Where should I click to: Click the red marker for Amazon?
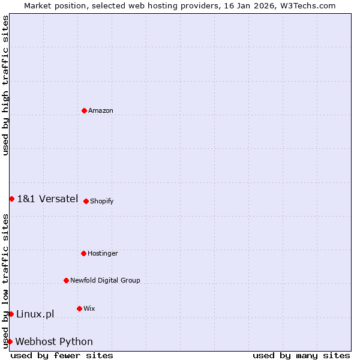pyautogui.click(x=84, y=110)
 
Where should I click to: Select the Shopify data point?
pyautogui.click(x=86, y=201)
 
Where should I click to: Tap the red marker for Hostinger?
pyautogui.click(x=83, y=253)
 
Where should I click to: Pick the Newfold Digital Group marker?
pyautogui.click(x=66, y=280)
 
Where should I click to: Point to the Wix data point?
pyautogui.click(x=79, y=308)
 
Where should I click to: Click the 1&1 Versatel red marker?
pyautogui.click(x=11, y=199)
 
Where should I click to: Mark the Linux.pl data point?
pyautogui.click(x=11, y=314)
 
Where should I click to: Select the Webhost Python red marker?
pyautogui.click(x=10, y=341)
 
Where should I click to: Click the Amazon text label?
pyautogui.click(x=101, y=110)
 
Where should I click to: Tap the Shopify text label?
pyautogui.click(x=102, y=201)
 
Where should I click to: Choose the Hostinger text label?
pyautogui.click(x=103, y=253)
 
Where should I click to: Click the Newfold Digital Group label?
pyautogui.click(x=105, y=280)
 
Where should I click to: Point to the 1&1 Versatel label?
pyautogui.click(x=47, y=199)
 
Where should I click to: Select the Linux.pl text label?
pyautogui.click(x=35, y=314)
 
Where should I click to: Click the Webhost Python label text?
pyautogui.click(x=54, y=341)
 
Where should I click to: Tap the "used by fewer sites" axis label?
pyautogui.click(x=62, y=355)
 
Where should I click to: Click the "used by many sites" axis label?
pyautogui.click(x=301, y=355)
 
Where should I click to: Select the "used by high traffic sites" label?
pyautogui.click(x=5, y=85)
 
